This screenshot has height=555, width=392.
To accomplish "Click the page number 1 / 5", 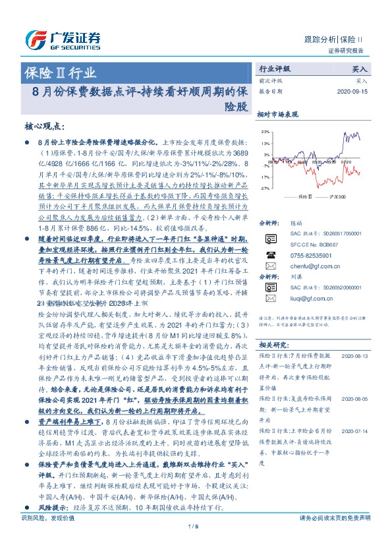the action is click(193, 544).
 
